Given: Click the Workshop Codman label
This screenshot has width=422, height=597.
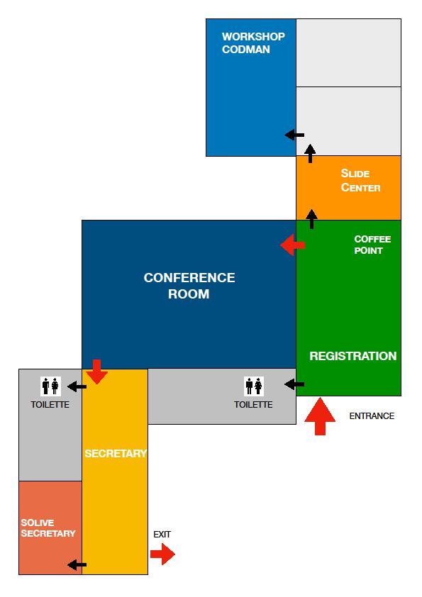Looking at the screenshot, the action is pos(253,43).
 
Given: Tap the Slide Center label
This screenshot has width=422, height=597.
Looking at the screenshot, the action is pos(360,181).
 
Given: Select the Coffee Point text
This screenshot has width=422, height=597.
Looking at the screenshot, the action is pos(372,245).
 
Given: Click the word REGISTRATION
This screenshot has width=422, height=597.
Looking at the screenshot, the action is pos(353,356).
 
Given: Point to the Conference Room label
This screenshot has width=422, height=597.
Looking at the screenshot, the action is pos(189,286).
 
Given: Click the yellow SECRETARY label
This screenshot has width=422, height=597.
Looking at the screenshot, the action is pos(116,454).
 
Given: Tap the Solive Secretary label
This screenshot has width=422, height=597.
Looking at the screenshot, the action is pos(48,528).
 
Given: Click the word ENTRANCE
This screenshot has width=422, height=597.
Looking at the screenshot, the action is pos(372,415).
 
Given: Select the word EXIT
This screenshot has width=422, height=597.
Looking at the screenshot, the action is pos(162,535).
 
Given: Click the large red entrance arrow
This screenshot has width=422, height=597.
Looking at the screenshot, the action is pos(320,416).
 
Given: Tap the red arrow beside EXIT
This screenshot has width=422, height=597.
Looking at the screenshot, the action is pos(162,554).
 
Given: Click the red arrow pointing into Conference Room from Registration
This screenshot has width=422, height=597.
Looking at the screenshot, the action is pos(292,245).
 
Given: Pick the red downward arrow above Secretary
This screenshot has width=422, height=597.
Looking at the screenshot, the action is pos(96,372).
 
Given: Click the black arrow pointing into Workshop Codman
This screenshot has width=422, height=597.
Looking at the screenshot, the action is pos(294,135).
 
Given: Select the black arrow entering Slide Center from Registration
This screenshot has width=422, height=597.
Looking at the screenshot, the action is pos(311,219).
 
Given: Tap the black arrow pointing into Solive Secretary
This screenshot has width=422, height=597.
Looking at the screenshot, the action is pos(77,565).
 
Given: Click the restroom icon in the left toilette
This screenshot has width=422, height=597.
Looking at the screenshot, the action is pos(50,386).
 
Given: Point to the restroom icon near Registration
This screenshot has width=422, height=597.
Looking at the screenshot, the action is pos(254,386).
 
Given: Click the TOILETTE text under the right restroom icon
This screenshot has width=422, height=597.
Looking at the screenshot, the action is pos(253,405).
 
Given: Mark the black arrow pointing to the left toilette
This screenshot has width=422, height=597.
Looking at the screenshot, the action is pos(77,387).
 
